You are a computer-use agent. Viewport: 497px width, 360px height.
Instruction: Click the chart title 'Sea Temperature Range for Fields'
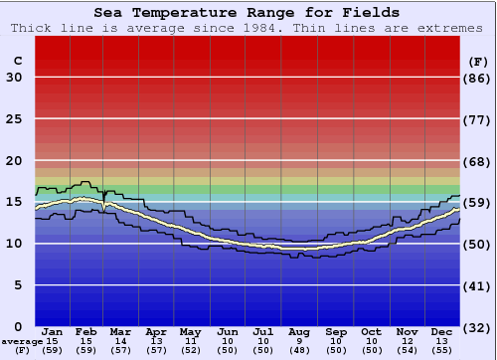[248, 13]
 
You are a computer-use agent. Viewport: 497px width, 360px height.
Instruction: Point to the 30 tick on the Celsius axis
[14, 79]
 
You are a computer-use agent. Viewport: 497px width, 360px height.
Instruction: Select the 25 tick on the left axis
[14, 119]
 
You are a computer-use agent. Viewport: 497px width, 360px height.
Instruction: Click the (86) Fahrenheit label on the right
[477, 79]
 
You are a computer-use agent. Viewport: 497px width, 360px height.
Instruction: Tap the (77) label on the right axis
[477, 119]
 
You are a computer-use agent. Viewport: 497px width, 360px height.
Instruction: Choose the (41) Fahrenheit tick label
[477, 285]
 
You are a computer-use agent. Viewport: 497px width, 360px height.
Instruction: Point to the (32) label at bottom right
[477, 327]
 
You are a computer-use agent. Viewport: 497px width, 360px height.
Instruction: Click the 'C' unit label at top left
[17, 61]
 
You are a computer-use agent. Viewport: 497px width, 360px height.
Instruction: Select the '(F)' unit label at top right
[477, 61]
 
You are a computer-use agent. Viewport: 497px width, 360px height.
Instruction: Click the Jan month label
[53, 331]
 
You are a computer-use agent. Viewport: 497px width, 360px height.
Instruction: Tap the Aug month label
[299, 331]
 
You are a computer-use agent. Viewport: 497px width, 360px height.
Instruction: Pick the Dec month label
[442, 331]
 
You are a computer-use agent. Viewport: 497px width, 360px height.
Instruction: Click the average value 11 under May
[189, 341]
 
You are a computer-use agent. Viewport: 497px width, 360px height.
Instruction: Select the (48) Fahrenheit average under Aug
[299, 350]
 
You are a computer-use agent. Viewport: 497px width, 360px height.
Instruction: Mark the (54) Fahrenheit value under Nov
[407, 350]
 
